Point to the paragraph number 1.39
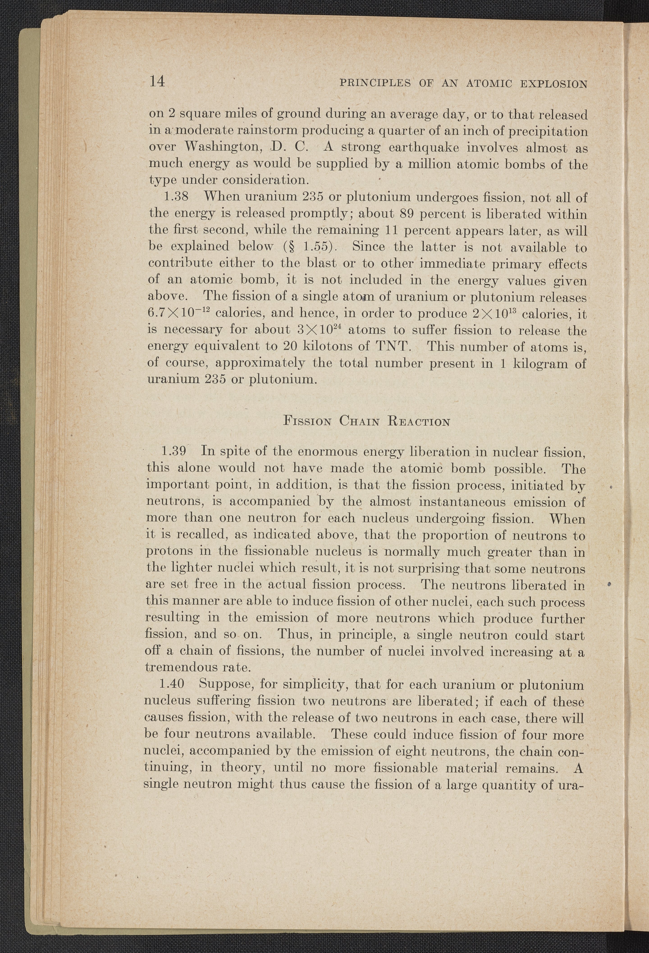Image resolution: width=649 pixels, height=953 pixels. (175, 452)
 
